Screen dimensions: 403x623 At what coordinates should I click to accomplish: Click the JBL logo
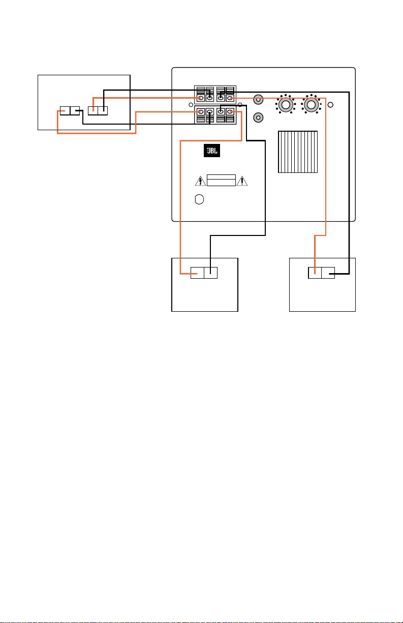(x=212, y=151)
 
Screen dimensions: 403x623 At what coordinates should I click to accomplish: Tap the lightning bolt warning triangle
(x=200, y=181)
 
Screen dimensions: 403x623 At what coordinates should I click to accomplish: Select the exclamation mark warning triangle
(x=242, y=181)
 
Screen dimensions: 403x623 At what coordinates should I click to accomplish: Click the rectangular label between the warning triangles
(x=221, y=180)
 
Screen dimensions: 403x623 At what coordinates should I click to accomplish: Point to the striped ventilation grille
(x=298, y=152)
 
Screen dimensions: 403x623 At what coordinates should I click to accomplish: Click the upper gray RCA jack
(x=258, y=100)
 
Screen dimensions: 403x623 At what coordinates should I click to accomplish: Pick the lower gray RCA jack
(x=258, y=117)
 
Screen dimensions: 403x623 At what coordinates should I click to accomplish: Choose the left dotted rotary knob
(x=286, y=104)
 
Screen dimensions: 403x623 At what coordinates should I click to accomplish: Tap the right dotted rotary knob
(x=312, y=104)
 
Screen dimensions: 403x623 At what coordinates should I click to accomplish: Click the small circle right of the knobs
(x=330, y=105)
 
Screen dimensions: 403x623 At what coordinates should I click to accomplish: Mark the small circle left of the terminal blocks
(x=191, y=105)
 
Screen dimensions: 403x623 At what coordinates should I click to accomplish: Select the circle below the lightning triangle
(x=199, y=199)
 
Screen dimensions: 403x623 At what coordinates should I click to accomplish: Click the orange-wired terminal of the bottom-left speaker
(x=197, y=273)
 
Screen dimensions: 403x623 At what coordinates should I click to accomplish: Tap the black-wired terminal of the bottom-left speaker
(x=211, y=273)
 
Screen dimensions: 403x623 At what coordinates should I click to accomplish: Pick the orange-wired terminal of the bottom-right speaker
(x=315, y=273)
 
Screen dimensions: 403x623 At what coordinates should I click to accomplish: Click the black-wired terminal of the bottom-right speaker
(x=328, y=273)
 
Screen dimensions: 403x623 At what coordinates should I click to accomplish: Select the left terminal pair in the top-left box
(x=70, y=111)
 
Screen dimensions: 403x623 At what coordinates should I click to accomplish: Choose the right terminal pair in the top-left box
(x=98, y=111)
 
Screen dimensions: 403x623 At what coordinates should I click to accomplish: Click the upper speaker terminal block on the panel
(x=215, y=95)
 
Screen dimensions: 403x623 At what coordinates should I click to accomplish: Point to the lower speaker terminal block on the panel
(x=215, y=115)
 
